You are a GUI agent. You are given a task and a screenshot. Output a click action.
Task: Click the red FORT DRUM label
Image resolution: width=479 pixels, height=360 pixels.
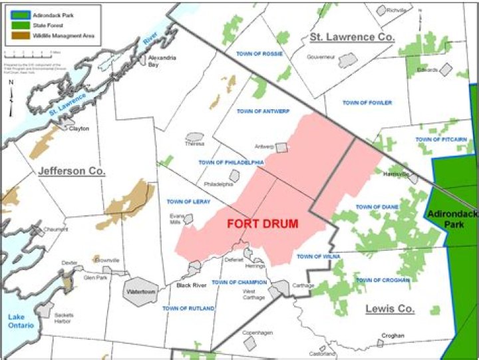point(261,224)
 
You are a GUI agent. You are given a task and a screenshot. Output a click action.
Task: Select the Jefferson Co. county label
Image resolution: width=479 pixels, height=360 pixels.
point(72,171)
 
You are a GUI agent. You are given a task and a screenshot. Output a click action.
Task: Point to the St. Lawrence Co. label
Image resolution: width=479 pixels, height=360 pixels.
point(352,37)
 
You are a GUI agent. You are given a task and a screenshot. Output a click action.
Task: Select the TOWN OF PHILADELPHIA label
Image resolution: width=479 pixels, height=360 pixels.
point(231,162)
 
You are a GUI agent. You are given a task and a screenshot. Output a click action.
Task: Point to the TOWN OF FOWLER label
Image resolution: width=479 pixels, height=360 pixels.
point(367,102)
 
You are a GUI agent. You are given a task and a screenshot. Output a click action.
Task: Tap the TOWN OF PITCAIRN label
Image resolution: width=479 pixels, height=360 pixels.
point(440,139)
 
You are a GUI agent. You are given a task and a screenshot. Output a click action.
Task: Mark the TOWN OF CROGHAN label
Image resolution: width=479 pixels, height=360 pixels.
point(383,280)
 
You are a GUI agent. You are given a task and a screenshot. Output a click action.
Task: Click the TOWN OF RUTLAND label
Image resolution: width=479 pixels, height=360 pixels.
point(188,309)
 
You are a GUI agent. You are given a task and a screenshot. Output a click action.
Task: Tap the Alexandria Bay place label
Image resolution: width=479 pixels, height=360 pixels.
point(161,61)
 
